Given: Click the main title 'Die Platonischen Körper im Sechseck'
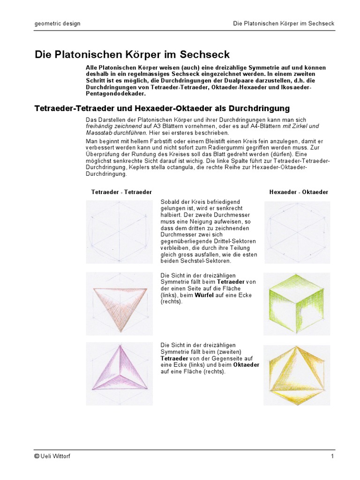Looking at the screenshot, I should tap(132, 54).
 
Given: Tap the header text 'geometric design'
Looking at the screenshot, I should tap(58, 23).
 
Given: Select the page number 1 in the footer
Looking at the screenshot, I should tap(332, 456).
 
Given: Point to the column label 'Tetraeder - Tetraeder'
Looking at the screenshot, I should tap(121, 192).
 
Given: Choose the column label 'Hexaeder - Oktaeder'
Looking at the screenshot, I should tap(299, 192).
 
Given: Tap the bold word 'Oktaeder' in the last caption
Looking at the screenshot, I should tap(247, 365).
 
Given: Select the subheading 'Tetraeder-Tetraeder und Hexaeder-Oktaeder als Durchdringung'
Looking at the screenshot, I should tap(162, 108).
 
